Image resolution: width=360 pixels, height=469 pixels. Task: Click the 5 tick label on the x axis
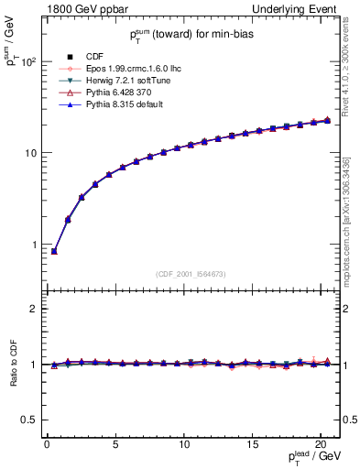pyautogui.click(x=115, y=444)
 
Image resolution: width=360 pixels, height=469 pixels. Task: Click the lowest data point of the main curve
pyautogui.click(x=54, y=251)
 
